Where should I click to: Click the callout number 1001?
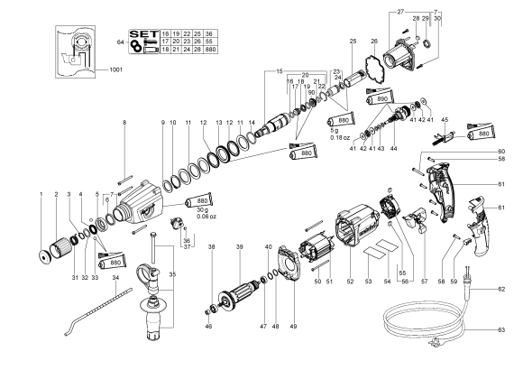pyautogui.click(x=117, y=69)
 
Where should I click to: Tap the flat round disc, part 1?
pyautogui.click(x=41, y=254)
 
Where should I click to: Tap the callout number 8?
pyautogui.click(x=124, y=120)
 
